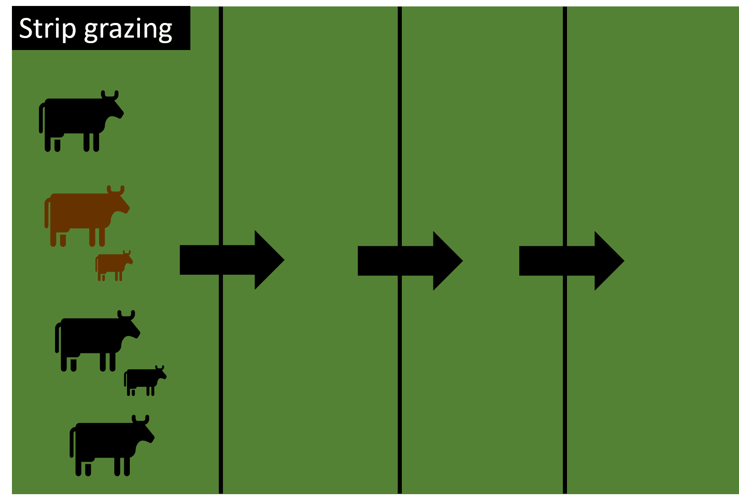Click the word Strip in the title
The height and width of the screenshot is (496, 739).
point(47,29)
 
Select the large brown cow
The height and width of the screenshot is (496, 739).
point(87,216)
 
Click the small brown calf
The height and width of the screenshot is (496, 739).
point(114,266)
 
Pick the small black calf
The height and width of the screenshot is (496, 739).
point(145,380)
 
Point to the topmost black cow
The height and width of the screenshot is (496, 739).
point(81,121)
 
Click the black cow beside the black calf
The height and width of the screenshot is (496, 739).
point(98,341)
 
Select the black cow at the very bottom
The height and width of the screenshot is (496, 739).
point(112,446)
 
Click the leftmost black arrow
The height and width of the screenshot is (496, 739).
point(232,260)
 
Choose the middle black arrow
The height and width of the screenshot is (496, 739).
point(410,261)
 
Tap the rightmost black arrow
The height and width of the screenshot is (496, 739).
point(572,261)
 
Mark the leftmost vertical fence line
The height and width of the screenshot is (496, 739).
point(221,250)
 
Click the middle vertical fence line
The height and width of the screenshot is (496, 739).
point(400,250)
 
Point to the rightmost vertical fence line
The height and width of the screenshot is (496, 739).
point(565,250)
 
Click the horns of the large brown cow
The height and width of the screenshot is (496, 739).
point(116,189)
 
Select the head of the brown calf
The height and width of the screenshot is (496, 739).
point(127,257)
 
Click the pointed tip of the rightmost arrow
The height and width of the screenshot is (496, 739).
point(624,261)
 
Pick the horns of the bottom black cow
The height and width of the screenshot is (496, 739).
point(140,419)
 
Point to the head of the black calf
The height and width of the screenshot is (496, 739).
point(161,373)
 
